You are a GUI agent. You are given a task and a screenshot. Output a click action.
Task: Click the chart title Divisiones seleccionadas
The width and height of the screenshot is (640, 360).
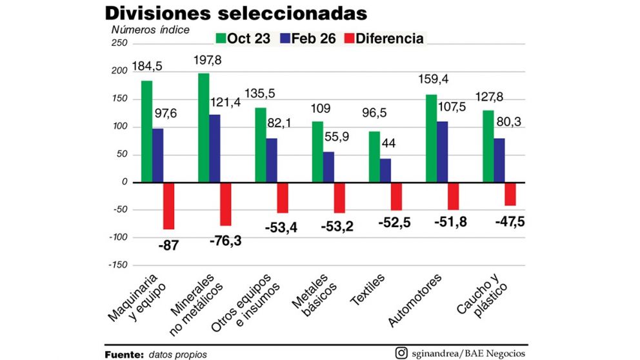point(235,13)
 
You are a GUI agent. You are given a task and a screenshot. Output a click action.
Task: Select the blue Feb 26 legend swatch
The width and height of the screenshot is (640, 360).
point(285,39)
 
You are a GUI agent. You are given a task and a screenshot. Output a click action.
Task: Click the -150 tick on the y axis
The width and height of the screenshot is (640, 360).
point(118,265)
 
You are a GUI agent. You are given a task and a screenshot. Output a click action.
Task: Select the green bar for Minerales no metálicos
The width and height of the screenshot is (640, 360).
point(203,128)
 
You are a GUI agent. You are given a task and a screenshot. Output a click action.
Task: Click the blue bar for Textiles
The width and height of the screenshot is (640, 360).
point(385,170)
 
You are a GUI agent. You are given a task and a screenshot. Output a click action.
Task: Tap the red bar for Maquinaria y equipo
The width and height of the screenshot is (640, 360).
point(168,206)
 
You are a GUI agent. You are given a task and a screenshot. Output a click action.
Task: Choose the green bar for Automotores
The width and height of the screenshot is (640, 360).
point(431,139)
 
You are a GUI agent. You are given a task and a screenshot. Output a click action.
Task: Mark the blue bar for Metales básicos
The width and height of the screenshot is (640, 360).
point(328,167)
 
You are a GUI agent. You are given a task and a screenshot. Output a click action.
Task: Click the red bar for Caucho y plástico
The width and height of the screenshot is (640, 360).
point(510,194)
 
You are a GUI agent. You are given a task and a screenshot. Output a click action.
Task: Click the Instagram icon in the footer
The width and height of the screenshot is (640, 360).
point(401,353)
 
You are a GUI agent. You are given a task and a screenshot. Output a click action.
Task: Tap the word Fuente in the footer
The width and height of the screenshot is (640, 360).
point(124,354)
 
